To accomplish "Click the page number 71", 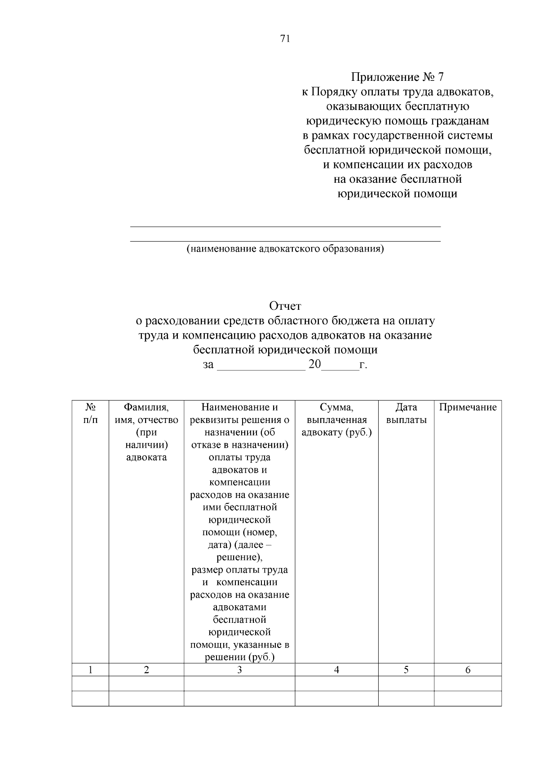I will click(x=285, y=39).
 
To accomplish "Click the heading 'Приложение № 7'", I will click(x=397, y=77).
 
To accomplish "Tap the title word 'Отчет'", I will click(x=285, y=306).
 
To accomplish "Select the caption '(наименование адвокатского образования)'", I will click(x=285, y=249).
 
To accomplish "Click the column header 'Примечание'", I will click(x=468, y=407).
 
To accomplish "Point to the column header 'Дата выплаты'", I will click(x=406, y=414).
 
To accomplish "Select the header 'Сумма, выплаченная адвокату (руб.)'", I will click(x=336, y=420).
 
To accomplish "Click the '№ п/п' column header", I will click(x=90, y=414).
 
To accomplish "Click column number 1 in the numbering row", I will click(x=90, y=670).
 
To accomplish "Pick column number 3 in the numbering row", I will click(x=239, y=670).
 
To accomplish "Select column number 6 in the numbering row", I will click(x=468, y=670).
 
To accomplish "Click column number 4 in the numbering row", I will click(x=336, y=670).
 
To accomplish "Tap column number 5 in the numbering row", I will click(x=406, y=670).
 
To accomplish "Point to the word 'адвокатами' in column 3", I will click(x=239, y=608).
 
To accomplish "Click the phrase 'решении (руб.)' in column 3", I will click(x=239, y=657).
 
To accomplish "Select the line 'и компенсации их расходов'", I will click(x=397, y=165).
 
